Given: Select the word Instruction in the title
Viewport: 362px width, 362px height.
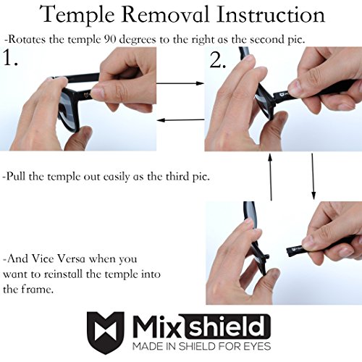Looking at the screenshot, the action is tap(270, 14).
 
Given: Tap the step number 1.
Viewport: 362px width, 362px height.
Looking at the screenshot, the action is tap(10, 58).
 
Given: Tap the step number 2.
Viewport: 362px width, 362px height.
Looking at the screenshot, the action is tap(218, 60).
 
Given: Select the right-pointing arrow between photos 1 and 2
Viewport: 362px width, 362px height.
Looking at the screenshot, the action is tap(180, 83).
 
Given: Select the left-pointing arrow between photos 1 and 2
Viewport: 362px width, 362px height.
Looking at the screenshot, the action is tap(181, 119).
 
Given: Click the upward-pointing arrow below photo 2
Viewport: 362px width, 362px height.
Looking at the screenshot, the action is tap(270, 177).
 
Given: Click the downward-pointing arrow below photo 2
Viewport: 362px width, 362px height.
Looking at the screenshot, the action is tap(313, 176).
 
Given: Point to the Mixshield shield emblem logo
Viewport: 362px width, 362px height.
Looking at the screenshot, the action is tap(106, 332).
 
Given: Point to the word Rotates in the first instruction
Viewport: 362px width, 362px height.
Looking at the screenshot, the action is tap(27, 39).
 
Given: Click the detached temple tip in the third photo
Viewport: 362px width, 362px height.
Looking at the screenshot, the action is tap(295, 251).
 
